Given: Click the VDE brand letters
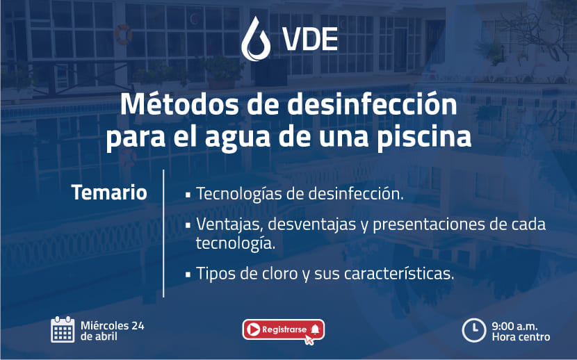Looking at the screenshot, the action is pyautogui.click(x=310, y=40).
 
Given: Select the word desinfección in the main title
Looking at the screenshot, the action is pyautogui.click(x=372, y=104).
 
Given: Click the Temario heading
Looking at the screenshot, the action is pyautogui.click(x=109, y=193).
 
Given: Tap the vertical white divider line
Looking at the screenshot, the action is pyautogui.click(x=163, y=233).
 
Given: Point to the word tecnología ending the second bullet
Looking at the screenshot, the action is pyautogui.click(x=236, y=243).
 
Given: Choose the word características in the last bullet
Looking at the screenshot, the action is pyautogui.click(x=399, y=274).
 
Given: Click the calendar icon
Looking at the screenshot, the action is pyautogui.click(x=63, y=329).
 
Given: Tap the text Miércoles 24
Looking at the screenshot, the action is pyautogui.click(x=112, y=325).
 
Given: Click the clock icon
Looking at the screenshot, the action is pyautogui.click(x=474, y=330).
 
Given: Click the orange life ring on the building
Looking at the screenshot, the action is pyautogui.click(x=124, y=34).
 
